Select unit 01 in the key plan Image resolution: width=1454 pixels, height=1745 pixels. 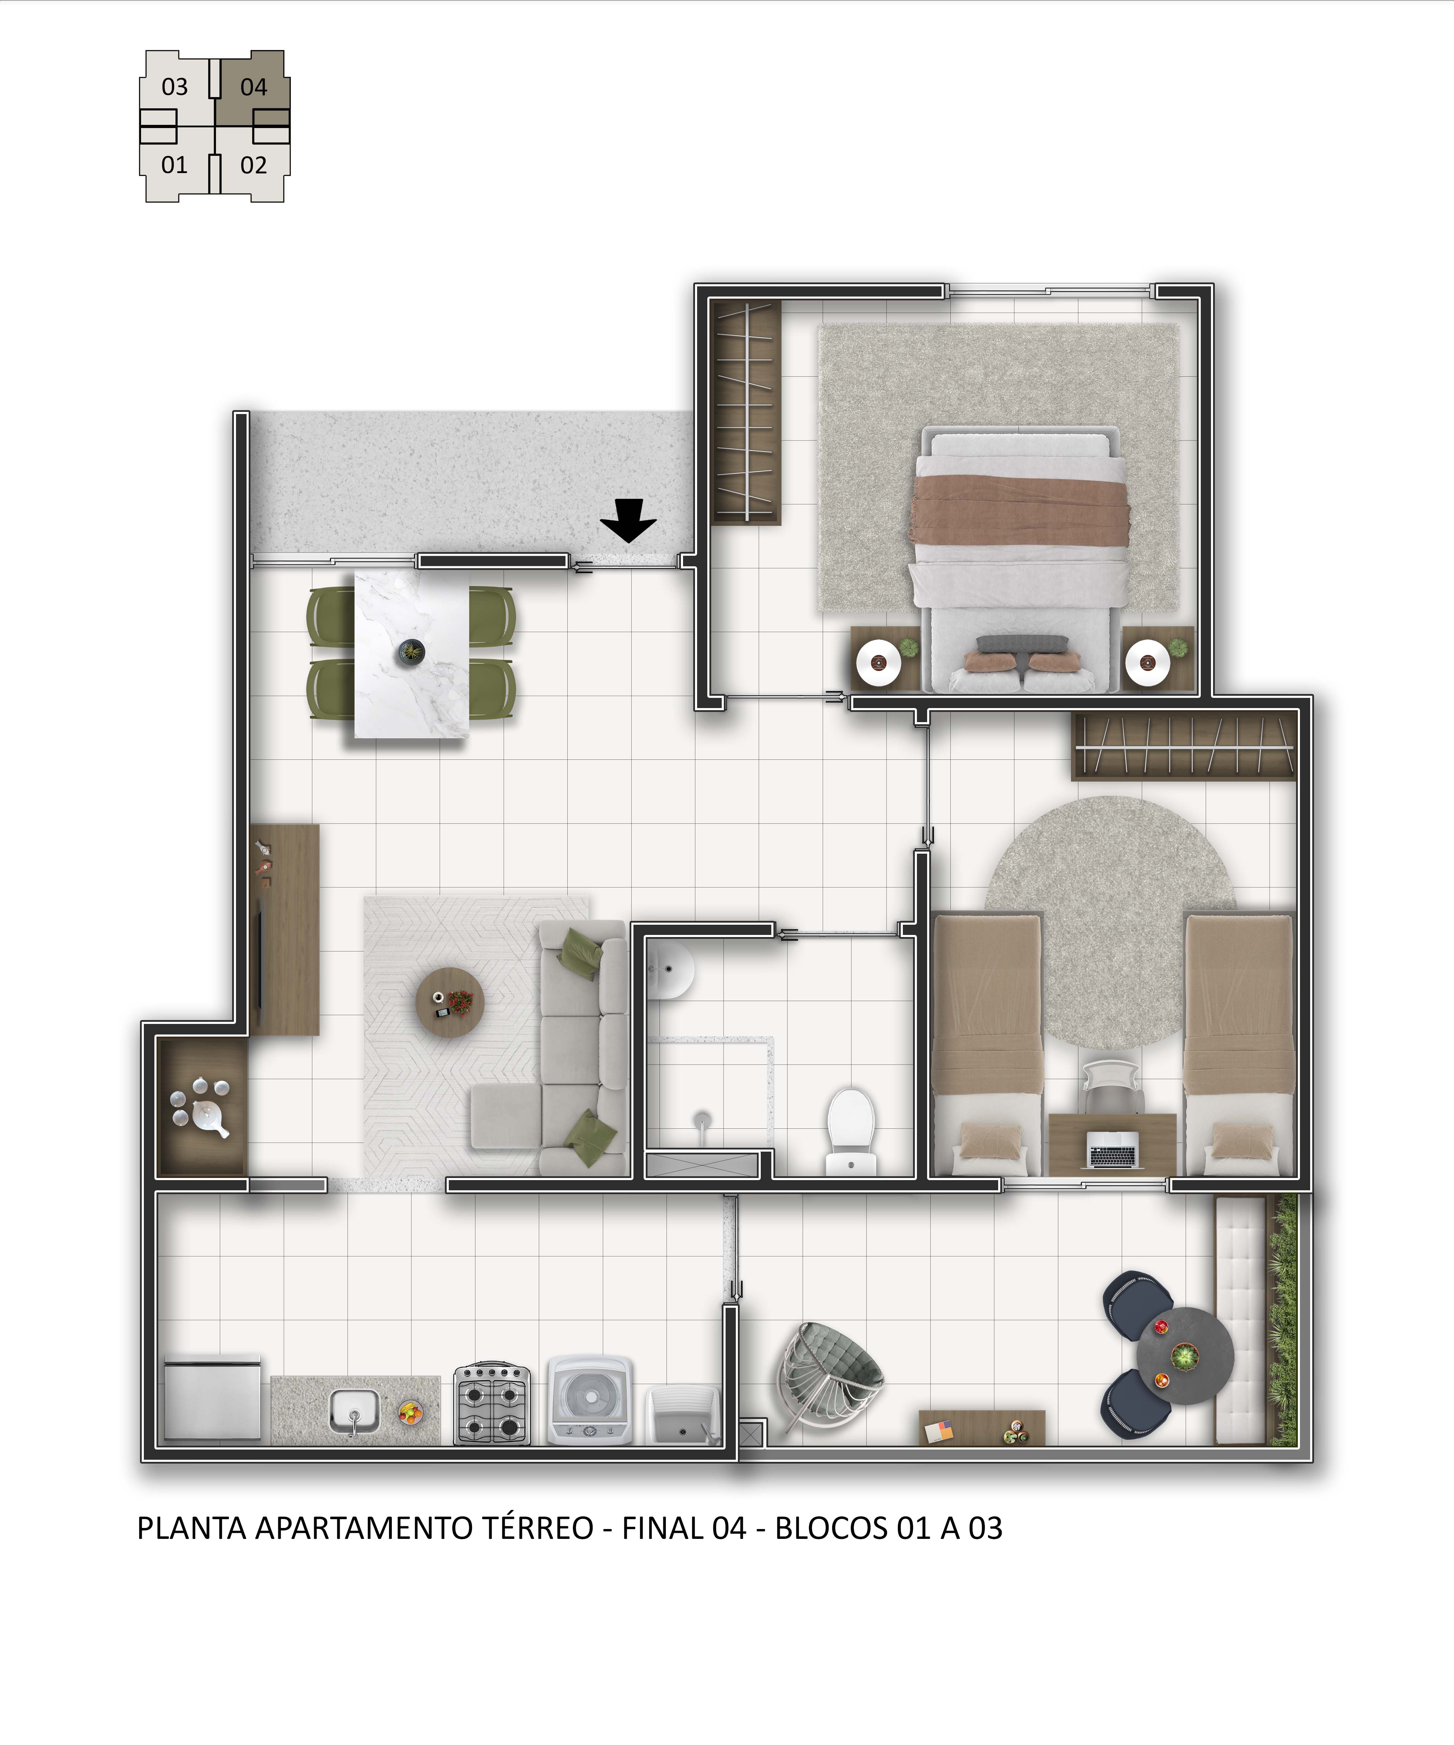(174, 165)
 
